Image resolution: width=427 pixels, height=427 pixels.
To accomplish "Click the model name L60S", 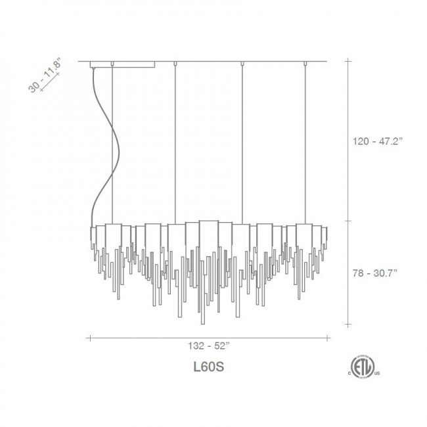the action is point(209,367).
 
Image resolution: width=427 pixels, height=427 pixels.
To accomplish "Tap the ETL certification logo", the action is point(363,367).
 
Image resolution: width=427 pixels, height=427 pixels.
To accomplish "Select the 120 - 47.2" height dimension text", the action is point(378,141).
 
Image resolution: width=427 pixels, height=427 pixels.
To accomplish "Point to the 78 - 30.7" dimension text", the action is point(375,273).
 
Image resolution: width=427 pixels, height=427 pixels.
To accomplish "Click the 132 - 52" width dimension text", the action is point(209,346).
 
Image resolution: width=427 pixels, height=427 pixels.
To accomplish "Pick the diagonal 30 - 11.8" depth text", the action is point(44,75).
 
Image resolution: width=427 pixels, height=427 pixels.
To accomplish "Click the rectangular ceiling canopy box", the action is point(123,64).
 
